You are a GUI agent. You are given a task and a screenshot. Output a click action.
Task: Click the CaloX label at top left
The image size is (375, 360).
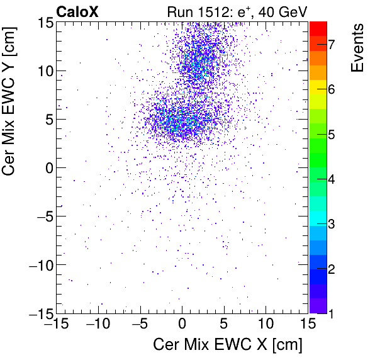click(78, 11)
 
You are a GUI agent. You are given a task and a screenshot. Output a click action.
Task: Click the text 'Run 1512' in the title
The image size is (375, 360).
click(192, 11)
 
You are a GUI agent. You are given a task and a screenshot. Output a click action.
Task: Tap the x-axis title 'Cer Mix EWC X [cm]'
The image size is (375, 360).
click(227, 345)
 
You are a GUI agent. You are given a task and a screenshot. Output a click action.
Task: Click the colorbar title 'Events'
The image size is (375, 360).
click(357, 48)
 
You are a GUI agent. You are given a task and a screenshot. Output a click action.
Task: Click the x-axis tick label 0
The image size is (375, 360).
click(182, 325)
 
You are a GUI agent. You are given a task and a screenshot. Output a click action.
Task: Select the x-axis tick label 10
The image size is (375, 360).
click(266, 325)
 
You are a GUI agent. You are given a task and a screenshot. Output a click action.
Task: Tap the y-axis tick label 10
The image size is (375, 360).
click(44, 70)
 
